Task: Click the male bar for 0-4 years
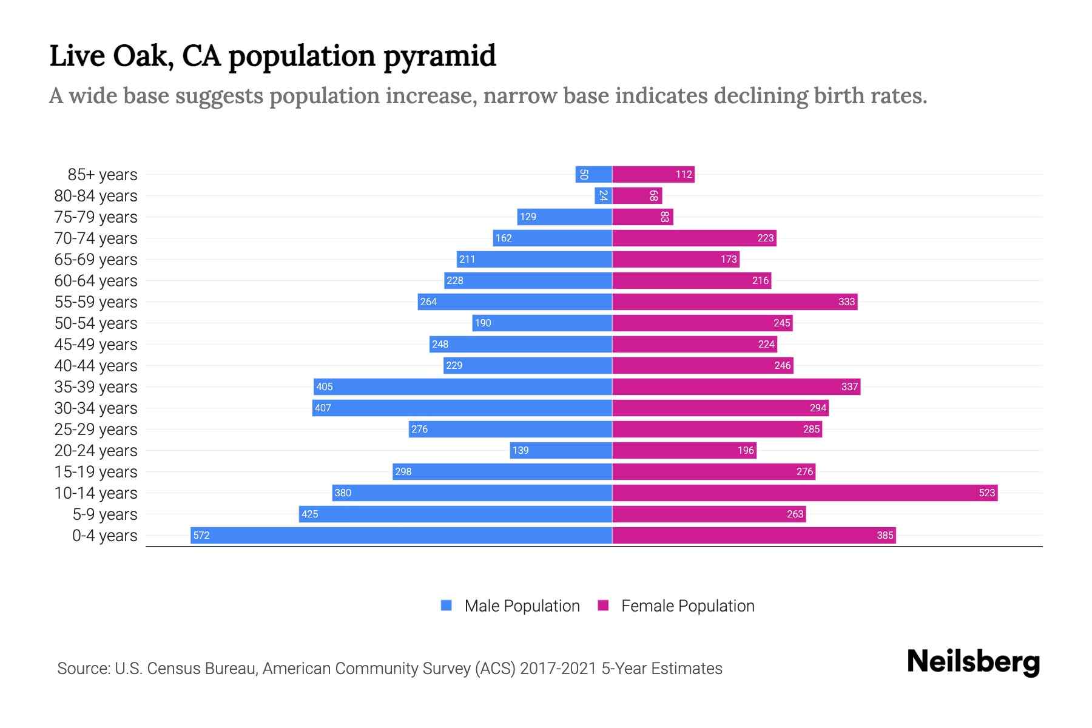[400, 535]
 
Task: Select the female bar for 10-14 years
[804, 493]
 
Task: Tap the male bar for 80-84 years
[603, 195]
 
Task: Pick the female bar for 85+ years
[653, 174]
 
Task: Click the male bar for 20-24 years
[561, 450]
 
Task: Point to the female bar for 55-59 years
[735, 302]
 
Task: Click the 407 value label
[323, 408]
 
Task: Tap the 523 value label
[986, 493]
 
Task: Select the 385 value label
[885, 535]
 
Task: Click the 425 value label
[309, 514]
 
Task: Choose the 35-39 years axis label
[96, 386]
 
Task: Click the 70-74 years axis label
[96, 238]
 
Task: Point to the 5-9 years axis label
[105, 514]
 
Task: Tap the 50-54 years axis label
[96, 323]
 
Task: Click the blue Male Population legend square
[447, 605]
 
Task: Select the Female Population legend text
[687, 605]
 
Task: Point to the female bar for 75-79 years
[642, 217]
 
